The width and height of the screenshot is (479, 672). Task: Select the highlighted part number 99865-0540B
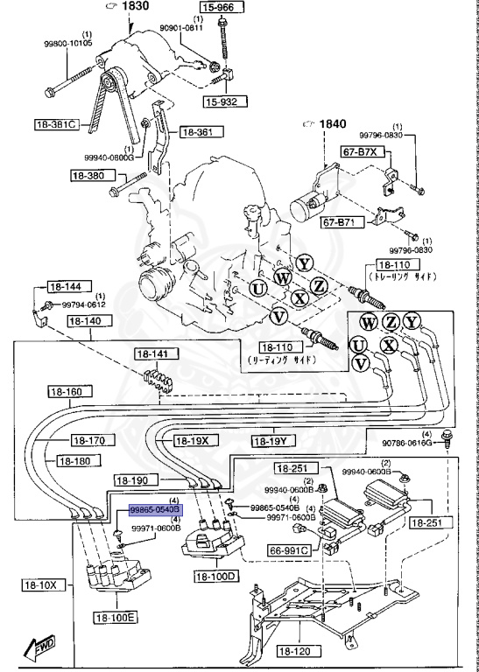coord(154,508)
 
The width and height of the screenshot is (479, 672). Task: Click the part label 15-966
coord(219,7)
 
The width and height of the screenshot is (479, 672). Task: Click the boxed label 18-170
coord(88,441)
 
